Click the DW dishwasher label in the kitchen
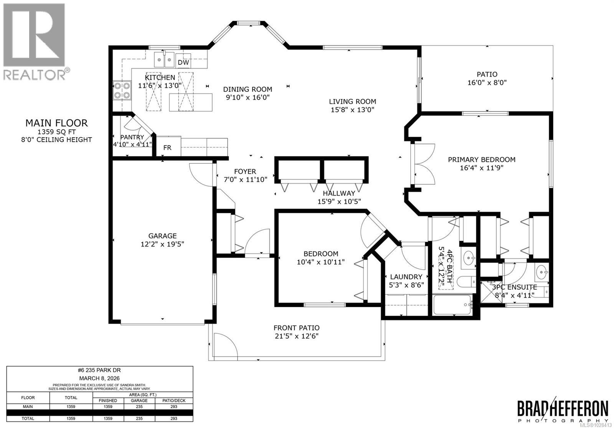[x=183, y=63]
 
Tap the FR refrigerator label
[x=167, y=148]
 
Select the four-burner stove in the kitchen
[x=122, y=91]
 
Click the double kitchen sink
[x=164, y=59]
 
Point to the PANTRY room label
[x=132, y=137]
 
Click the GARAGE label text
[x=163, y=236]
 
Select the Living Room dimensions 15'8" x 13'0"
[x=352, y=110]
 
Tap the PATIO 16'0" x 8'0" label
[x=487, y=78]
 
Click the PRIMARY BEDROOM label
[x=482, y=160]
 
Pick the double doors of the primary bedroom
[x=424, y=164]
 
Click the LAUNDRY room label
[x=406, y=277]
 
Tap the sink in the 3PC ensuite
[x=542, y=273]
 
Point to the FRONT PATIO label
[x=296, y=328]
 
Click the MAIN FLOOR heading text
[x=56, y=123]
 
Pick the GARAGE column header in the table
[x=139, y=400]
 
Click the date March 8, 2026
[x=99, y=378]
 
